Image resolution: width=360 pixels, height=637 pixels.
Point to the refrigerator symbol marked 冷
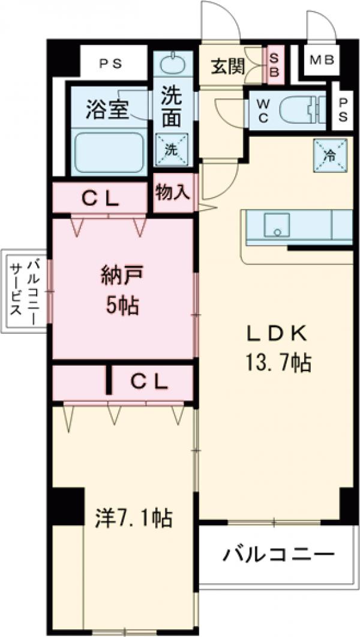pyautogui.click(x=330, y=155)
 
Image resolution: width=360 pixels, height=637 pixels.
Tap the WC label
pyautogui.click(x=263, y=110)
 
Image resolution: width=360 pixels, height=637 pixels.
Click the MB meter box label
pyautogui.click(x=323, y=60)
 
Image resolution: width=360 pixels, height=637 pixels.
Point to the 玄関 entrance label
pyautogui.click(x=227, y=66)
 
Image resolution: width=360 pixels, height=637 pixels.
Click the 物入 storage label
pyautogui.click(x=173, y=192)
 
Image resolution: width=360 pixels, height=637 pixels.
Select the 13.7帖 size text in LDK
pyautogui.click(x=277, y=362)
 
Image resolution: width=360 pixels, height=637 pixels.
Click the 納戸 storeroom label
pyautogui.click(x=124, y=277)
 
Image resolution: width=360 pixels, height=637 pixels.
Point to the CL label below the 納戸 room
pyautogui.click(x=150, y=380)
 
